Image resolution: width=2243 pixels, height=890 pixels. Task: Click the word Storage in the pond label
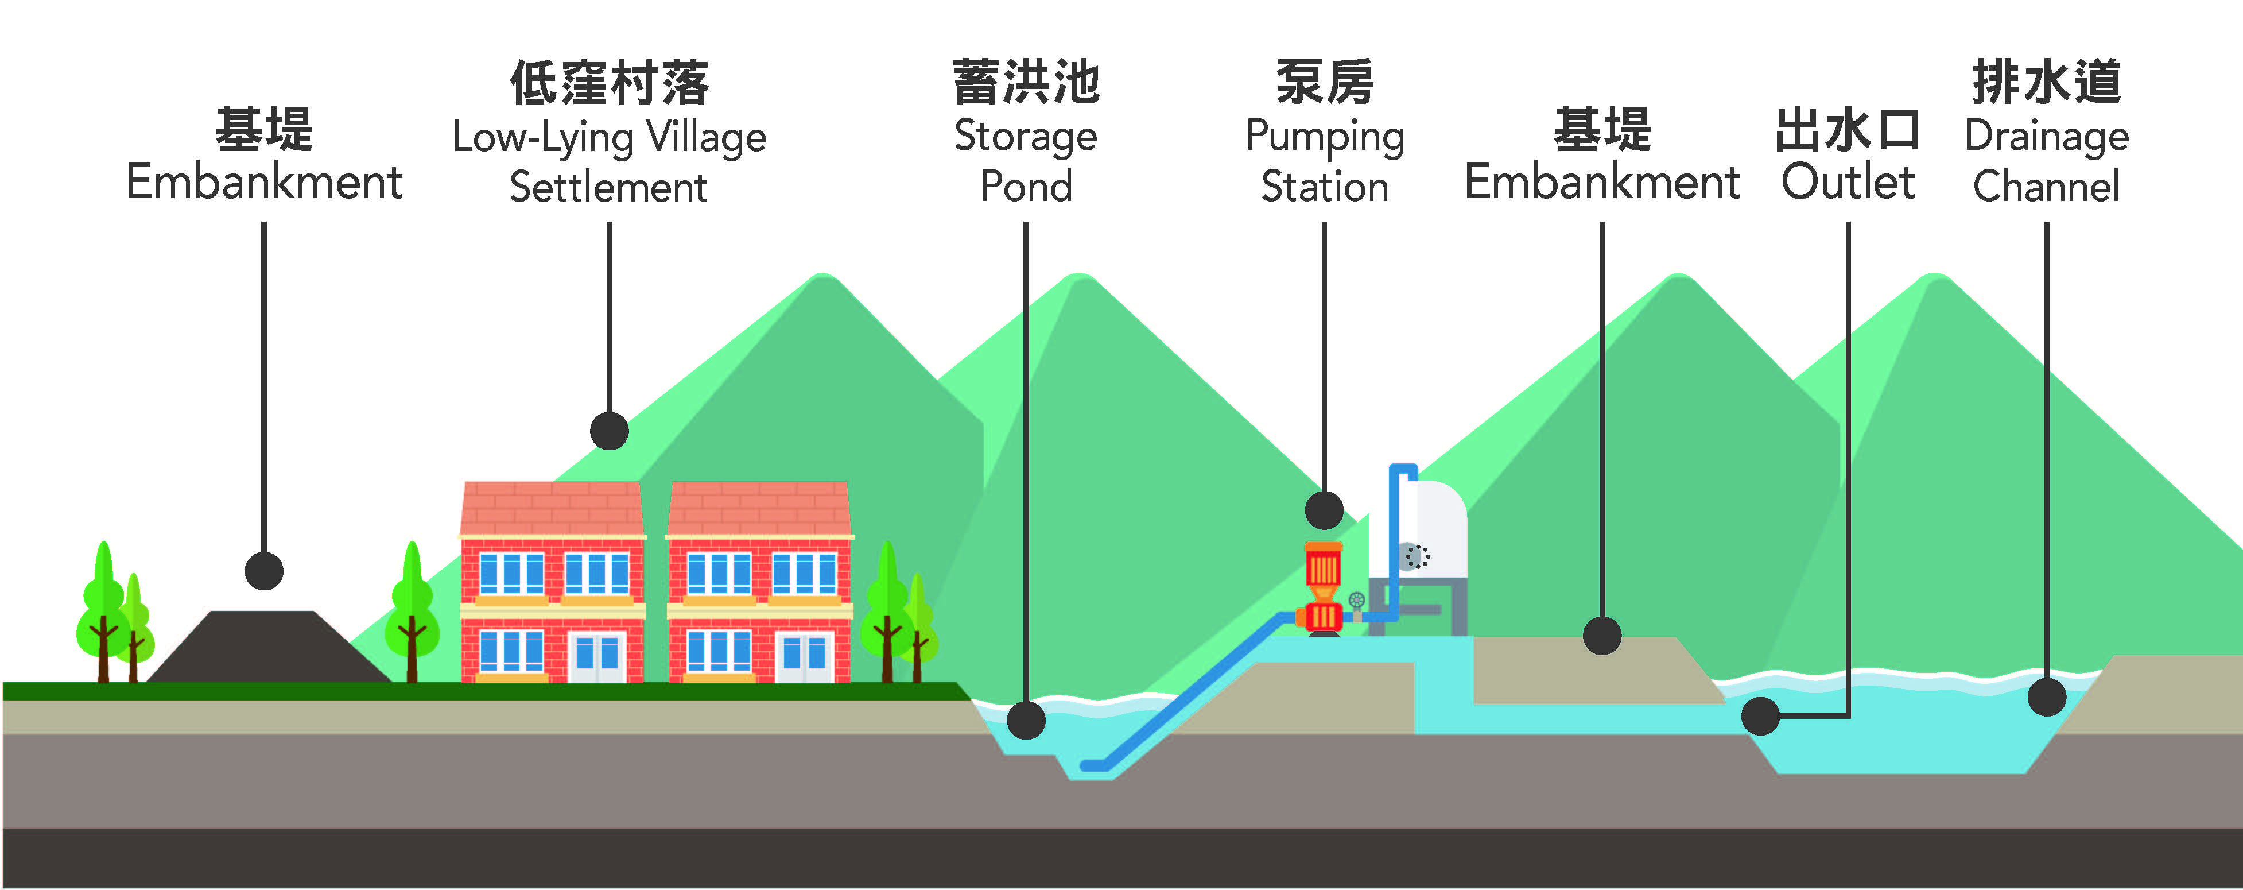point(1025,137)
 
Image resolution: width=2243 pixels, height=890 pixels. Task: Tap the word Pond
point(1026,187)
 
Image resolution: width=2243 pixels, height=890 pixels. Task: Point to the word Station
point(1324,187)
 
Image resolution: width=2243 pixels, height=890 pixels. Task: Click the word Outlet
point(1847,182)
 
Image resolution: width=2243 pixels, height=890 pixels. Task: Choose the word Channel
point(2046,187)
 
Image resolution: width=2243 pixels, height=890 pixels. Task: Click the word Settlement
point(608,187)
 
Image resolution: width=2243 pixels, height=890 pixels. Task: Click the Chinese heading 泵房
point(1324,83)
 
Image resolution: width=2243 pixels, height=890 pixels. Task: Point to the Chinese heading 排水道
point(2046,83)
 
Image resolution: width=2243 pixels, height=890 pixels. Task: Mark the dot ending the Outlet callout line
point(1760,716)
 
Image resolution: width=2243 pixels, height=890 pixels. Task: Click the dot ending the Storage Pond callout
point(1026,720)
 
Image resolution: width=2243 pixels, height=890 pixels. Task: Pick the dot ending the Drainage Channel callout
point(2046,696)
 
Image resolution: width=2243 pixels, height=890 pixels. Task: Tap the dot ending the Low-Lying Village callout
point(608,430)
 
